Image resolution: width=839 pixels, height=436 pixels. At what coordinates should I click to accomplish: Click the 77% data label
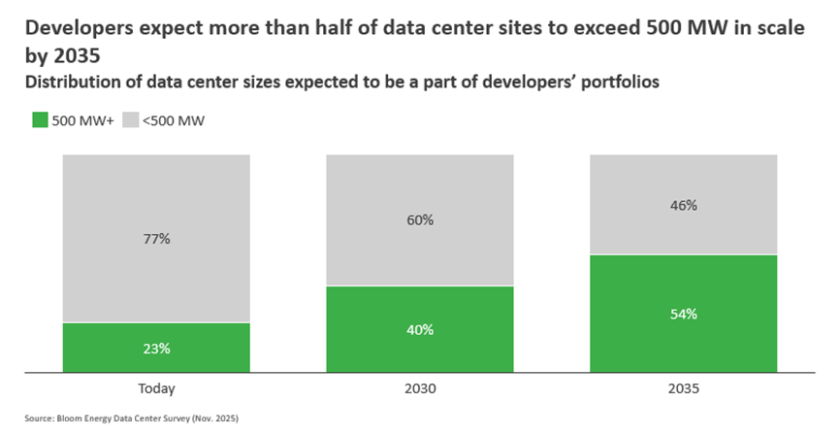coord(156,239)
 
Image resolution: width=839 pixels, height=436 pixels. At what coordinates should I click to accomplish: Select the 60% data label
coord(420,220)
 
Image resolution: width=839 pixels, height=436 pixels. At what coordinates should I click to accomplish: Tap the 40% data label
coord(420,330)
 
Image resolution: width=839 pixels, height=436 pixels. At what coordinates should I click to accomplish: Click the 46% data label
coord(684,206)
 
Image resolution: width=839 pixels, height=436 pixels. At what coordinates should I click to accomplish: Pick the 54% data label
coord(684,315)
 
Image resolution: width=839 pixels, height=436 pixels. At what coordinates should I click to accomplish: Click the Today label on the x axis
coord(156,388)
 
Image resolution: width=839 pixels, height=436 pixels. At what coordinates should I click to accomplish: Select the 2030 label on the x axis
coord(420,388)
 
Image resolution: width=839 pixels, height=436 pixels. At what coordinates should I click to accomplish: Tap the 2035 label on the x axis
coord(684,388)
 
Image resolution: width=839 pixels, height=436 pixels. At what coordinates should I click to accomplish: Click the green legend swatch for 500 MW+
coord(40,120)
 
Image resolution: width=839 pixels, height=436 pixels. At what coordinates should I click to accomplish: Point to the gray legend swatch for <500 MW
coord(130,120)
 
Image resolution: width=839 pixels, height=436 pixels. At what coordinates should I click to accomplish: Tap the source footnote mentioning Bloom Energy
coord(132,419)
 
